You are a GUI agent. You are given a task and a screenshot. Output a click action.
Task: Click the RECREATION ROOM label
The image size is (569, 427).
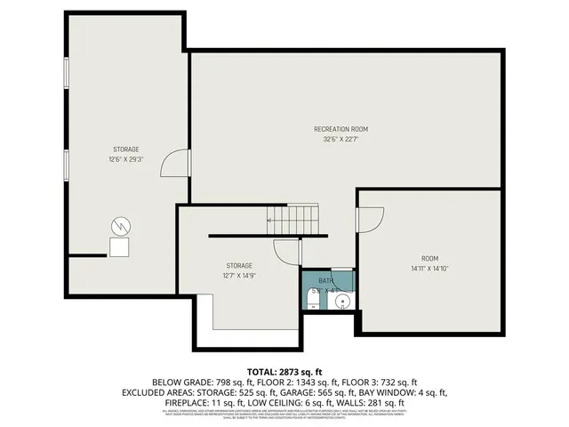tap(341, 129)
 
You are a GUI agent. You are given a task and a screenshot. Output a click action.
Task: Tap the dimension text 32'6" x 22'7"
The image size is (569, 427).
tap(341, 139)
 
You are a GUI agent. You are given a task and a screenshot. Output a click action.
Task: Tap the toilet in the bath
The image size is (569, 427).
tap(314, 297)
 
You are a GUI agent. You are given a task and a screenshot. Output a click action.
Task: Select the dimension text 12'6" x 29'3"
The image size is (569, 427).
tap(126, 159)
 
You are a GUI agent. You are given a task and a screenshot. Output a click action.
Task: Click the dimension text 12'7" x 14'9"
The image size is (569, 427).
tap(238, 276)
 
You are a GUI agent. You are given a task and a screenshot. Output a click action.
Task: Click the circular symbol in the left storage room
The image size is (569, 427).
tap(119, 226)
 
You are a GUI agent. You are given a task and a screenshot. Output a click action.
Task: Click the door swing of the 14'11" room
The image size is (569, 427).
tap(369, 220)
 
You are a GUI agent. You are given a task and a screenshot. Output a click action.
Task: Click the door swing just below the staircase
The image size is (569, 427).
tap(286, 252)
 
